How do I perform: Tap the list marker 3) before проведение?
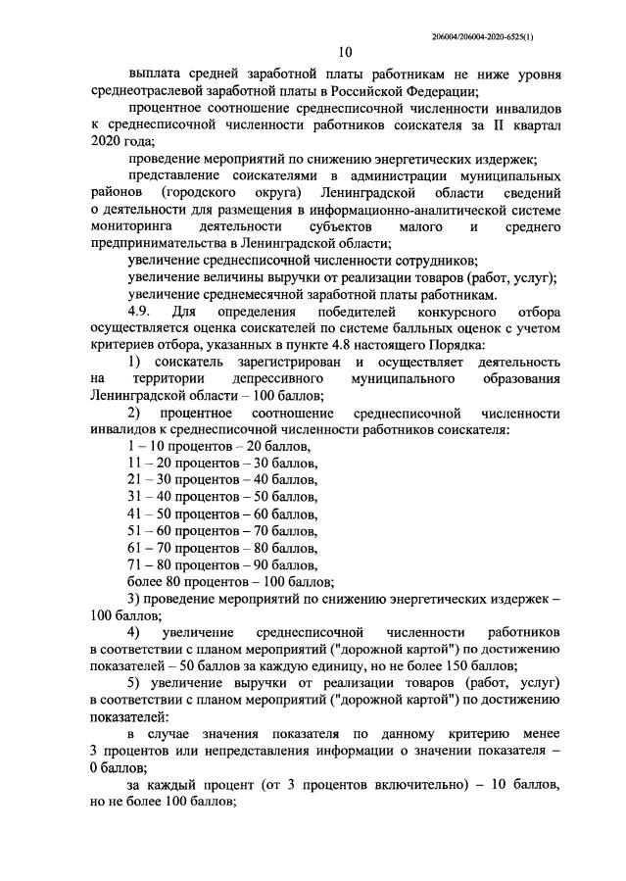[x=135, y=598]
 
